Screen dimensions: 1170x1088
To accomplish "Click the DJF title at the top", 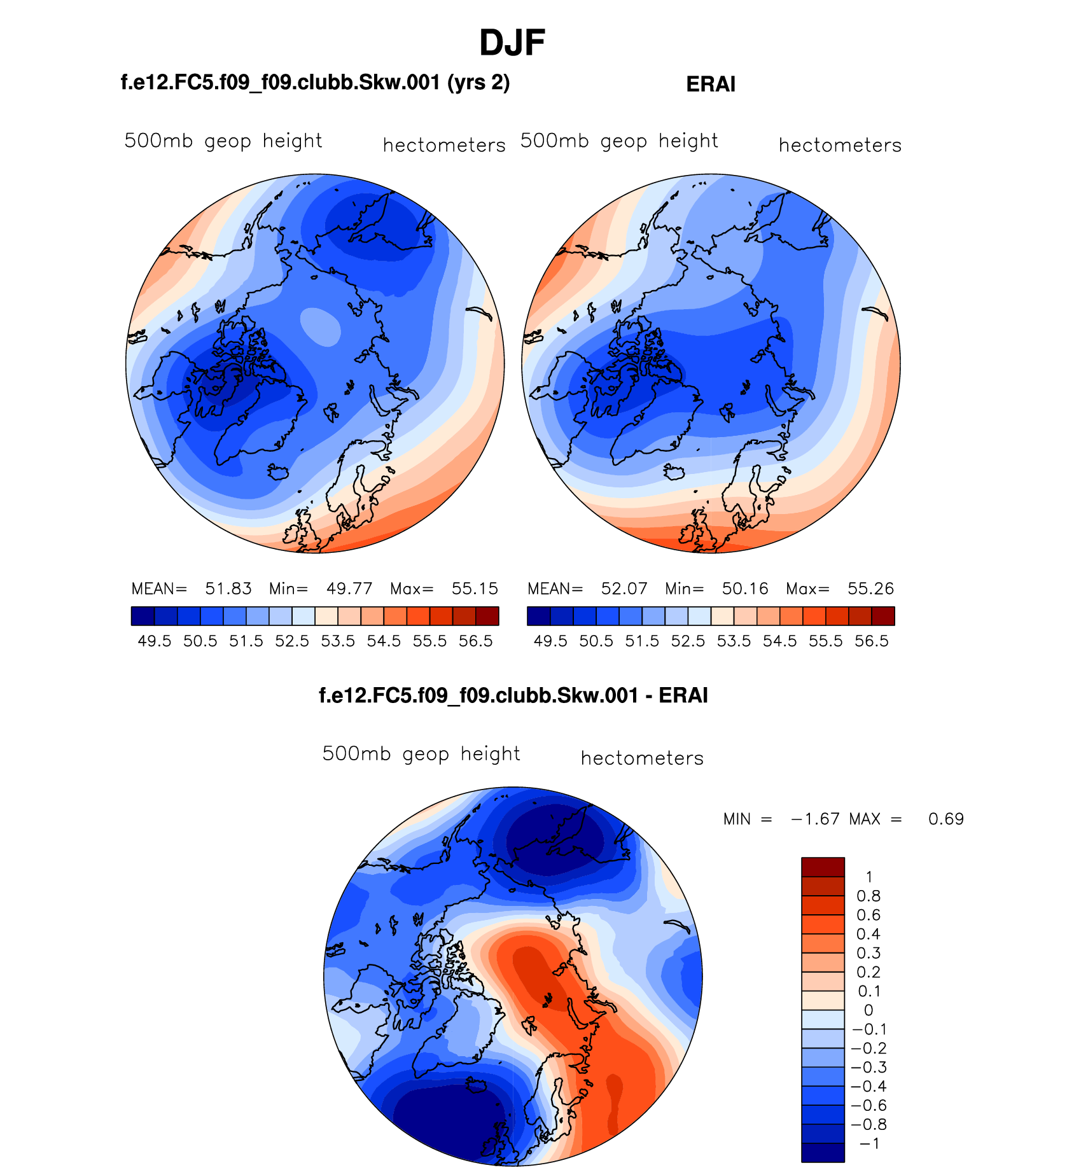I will (512, 43).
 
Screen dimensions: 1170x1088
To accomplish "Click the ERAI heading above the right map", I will (711, 85).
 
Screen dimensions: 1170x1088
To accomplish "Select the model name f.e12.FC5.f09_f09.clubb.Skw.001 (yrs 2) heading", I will (315, 83).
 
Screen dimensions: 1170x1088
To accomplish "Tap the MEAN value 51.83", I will (228, 588).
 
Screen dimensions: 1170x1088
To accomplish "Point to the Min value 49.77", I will (349, 588).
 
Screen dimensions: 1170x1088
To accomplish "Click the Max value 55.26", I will (870, 588).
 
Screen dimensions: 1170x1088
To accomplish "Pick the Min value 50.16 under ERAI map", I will (745, 588).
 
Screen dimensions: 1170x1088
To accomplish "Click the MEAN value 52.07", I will (624, 588).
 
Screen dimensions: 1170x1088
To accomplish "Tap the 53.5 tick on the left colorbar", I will (338, 641).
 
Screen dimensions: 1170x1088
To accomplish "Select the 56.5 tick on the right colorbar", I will (871, 641).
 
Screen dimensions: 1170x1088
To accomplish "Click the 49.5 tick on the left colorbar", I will (155, 641).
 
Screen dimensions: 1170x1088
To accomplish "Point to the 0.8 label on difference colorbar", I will (868, 896).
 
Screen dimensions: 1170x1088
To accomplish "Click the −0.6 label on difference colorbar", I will (868, 1106).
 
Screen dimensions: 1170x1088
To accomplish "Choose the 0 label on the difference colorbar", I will (868, 1010).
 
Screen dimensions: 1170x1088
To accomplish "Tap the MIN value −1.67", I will (816, 819).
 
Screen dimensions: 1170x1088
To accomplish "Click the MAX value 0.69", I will (945, 819).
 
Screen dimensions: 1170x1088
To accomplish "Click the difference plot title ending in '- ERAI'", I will (513, 695).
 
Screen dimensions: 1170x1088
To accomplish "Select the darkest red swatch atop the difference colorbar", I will (823, 867).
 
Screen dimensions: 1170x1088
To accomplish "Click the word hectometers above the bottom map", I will (642, 758).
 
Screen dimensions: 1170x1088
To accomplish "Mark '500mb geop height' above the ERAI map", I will (619, 141).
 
